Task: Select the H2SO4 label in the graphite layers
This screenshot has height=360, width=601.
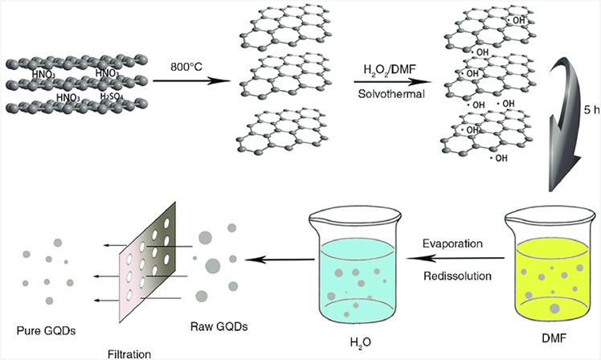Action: (114, 97)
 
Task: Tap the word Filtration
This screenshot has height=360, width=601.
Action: (132, 351)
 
